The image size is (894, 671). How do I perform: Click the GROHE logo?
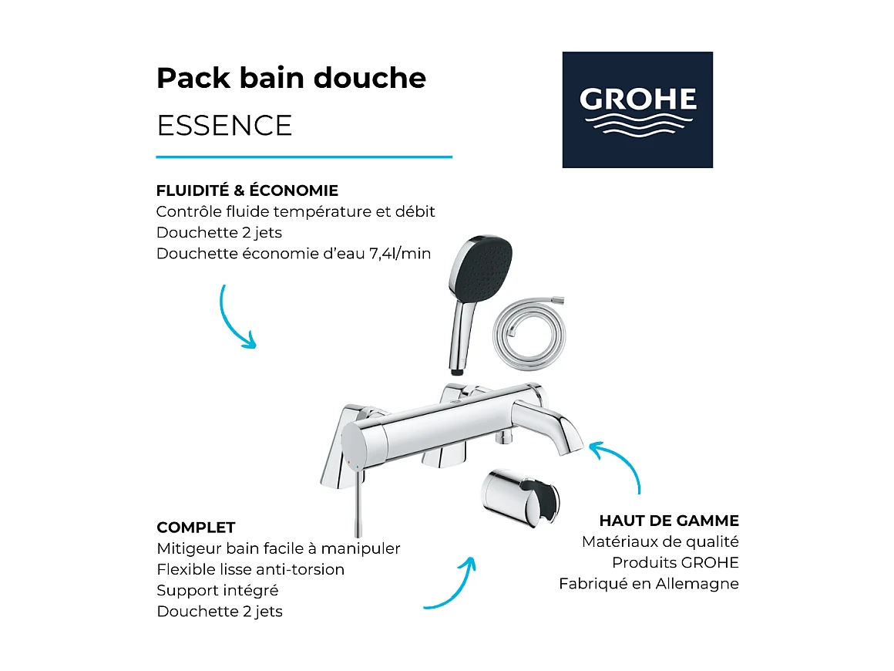click(x=637, y=110)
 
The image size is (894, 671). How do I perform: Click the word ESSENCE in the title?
click(x=224, y=125)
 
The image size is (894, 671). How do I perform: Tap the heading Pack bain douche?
click(x=291, y=78)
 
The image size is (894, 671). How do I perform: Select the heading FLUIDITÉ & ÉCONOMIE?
click(x=247, y=191)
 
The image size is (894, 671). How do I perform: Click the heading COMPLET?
click(x=196, y=528)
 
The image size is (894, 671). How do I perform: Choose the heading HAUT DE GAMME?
click(x=668, y=521)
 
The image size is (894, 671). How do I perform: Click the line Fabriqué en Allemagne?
click(x=648, y=584)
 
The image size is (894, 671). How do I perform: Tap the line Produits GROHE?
click(x=675, y=562)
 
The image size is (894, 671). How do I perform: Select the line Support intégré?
click(x=217, y=590)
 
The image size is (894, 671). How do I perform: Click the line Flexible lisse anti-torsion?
click(x=250, y=569)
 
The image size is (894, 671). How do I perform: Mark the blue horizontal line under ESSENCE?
click(x=304, y=157)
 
